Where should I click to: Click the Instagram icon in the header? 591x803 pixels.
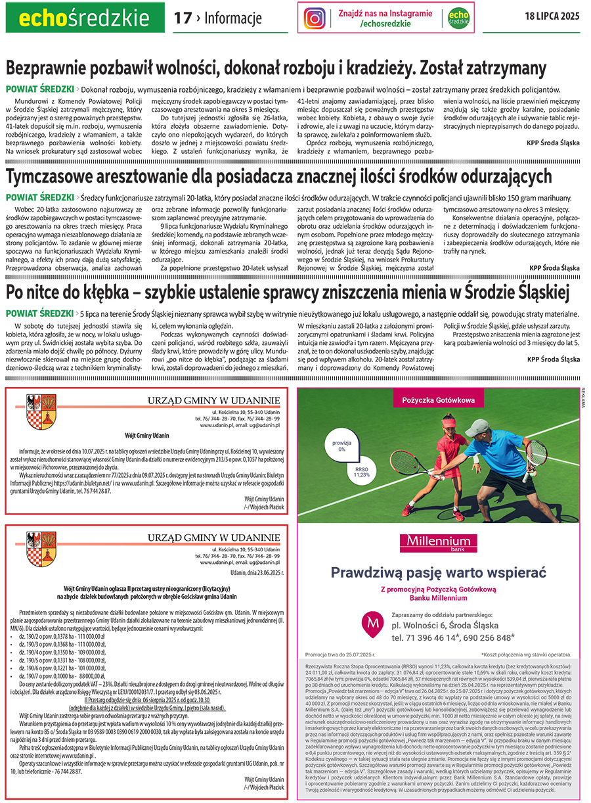315,18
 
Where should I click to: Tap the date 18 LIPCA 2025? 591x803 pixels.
552,17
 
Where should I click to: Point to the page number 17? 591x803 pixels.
182,18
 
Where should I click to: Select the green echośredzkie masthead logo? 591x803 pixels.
85,18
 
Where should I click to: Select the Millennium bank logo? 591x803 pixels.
437,543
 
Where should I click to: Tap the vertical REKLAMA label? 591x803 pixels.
582,398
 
